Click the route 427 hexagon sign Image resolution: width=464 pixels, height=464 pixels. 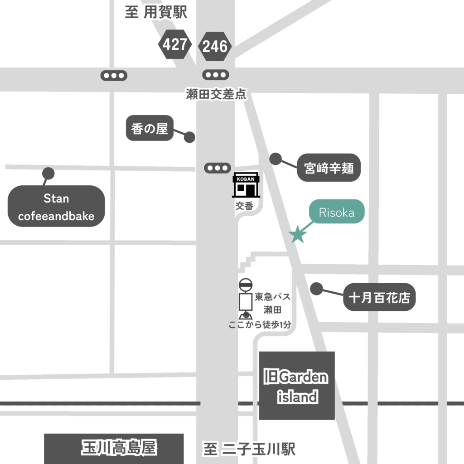coord(175,44)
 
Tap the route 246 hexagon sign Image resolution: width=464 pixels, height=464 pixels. coord(215,46)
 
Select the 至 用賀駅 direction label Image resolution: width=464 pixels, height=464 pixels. coord(156,13)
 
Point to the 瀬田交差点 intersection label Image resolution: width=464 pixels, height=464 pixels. coord(216,94)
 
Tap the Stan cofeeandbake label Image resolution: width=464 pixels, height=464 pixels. coord(56,207)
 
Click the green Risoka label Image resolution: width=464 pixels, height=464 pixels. coord(336,212)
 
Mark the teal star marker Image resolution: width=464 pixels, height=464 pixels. coord(298,234)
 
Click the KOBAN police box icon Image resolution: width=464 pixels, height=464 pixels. coord(246,184)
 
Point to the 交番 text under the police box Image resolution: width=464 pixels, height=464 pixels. coord(244,206)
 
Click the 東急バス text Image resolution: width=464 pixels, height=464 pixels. coord(272,297)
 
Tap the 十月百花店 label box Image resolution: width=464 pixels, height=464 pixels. coord(379,297)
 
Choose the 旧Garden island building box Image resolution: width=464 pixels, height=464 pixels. coord(297,386)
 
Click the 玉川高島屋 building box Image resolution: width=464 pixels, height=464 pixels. coord(114,448)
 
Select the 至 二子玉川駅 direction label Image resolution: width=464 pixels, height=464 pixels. coord(249,449)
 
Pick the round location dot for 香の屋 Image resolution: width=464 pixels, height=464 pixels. coord(189,136)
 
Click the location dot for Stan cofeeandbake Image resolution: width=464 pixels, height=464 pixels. coord(48,173)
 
